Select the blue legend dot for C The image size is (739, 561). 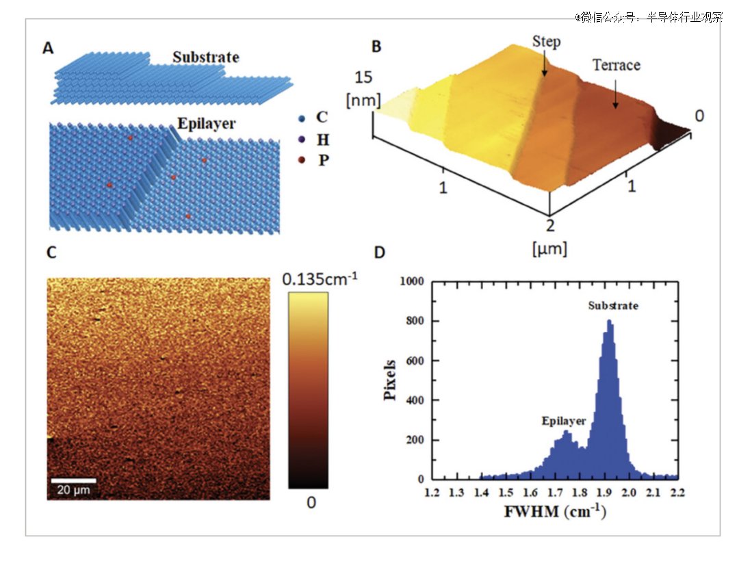pos(302,118)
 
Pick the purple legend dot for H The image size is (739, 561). pos(302,140)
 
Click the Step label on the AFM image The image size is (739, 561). pos(546,42)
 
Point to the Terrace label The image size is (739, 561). pos(616,66)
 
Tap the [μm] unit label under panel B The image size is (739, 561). pos(549,248)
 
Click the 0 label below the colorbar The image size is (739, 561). pos(311,503)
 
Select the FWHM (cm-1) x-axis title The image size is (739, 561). pos(554,511)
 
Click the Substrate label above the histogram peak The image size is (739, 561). pos(613,306)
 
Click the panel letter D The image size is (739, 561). pos(380,253)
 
